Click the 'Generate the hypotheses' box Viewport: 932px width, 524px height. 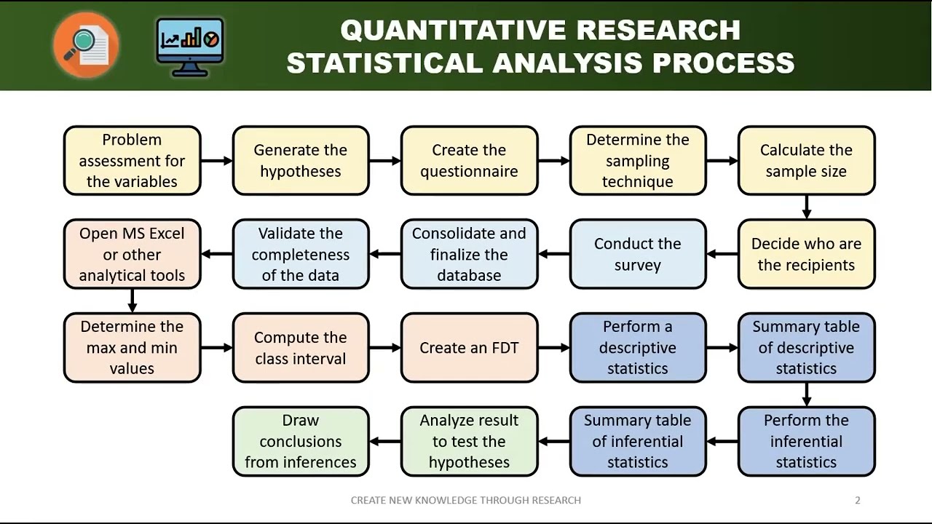coord(301,161)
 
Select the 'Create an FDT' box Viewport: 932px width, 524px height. coord(470,348)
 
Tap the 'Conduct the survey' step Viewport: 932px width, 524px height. coord(638,254)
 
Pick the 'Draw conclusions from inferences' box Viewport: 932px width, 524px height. coord(301,441)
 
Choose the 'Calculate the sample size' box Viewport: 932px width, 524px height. coord(806,161)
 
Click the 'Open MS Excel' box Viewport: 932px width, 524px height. coord(133,254)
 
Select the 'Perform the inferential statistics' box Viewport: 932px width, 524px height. coord(806,441)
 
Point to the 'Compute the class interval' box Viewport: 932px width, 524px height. coord(301,348)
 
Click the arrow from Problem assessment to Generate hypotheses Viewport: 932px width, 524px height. coord(216,161)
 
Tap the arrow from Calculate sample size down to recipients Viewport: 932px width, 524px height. coord(806,207)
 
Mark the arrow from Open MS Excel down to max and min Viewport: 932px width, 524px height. coord(133,301)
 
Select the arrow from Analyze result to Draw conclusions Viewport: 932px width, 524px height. coord(385,441)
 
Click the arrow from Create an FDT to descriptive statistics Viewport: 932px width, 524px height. coord(554,348)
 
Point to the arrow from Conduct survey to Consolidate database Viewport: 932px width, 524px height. coord(554,254)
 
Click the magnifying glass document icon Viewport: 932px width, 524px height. coord(86,45)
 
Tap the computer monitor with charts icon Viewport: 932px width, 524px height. coord(190,47)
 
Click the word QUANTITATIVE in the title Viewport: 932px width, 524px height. coord(454,31)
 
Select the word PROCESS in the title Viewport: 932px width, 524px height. coord(724,63)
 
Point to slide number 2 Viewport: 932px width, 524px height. coord(858,500)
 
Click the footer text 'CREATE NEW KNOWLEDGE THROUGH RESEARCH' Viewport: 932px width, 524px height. coord(465,500)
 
